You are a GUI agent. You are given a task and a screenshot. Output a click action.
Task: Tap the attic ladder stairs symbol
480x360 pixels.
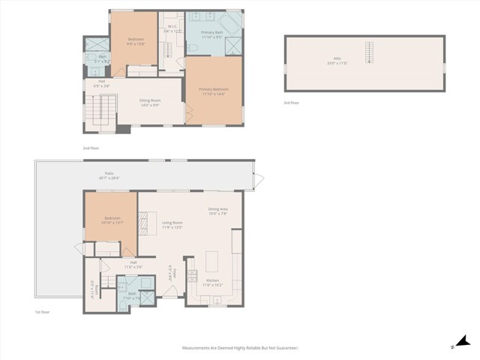(368, 52)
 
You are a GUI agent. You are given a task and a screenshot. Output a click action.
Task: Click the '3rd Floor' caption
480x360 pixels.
(292, 102)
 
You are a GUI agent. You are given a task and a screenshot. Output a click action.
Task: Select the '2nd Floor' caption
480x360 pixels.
(91, 148)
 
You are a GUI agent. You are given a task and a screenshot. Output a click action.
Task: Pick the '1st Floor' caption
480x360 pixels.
(42, 311)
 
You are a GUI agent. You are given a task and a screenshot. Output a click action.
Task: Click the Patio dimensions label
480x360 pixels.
(109, 176)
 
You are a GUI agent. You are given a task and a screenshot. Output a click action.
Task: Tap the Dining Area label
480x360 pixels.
(218, 211)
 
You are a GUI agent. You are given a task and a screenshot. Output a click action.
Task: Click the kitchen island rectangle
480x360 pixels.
(212, 262)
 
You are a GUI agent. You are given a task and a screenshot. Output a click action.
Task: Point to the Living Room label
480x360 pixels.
(172, 224)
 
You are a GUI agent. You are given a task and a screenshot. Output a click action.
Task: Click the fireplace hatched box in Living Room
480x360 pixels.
(140, 223)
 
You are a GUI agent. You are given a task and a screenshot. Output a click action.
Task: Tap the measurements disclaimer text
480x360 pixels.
(240, 348)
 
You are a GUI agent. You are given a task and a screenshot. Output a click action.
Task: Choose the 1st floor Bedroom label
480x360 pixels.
(112, 220)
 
